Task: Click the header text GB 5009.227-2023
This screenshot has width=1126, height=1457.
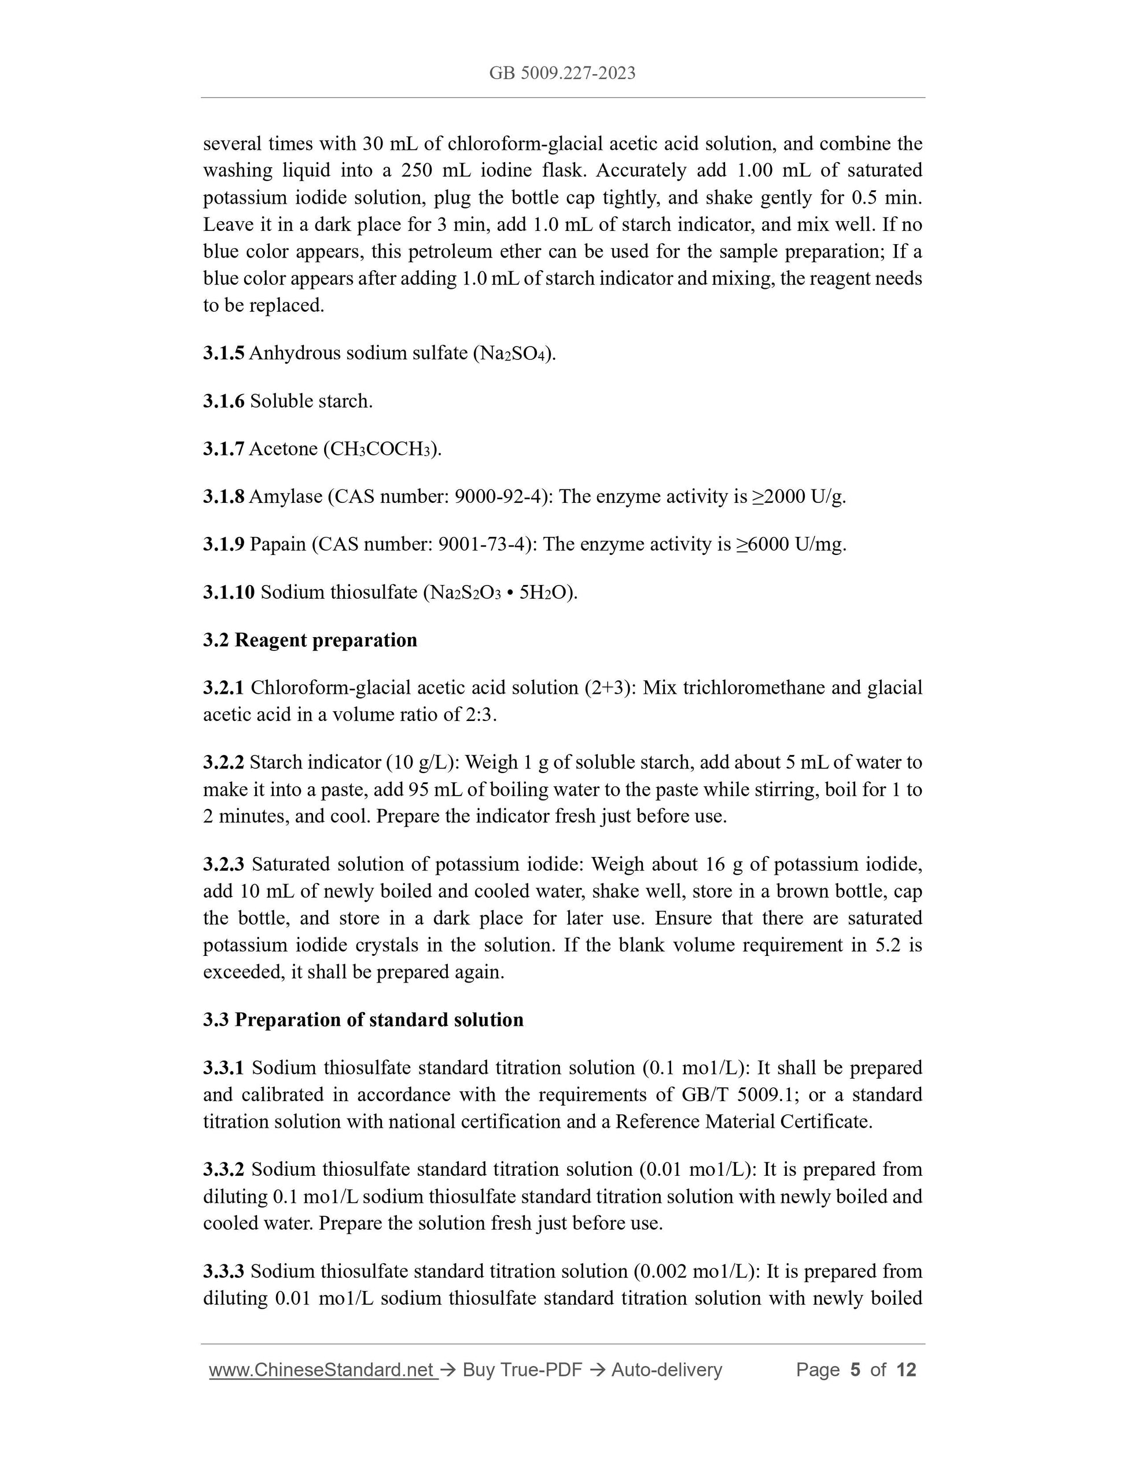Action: [x=562, y=73]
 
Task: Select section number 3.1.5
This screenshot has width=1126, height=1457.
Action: [x=223, y=353]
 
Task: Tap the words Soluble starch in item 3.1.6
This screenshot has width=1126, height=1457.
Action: [x=311, y=401]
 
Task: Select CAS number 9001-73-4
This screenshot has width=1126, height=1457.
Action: [x=484, y=544]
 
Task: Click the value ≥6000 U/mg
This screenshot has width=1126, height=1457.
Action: [x=790, y=544]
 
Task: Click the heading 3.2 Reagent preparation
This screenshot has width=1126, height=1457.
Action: [x=310, y=640]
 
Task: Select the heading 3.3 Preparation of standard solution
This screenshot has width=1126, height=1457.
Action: [x=363, y=1020]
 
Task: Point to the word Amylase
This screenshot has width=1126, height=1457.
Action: [x=285, y=496]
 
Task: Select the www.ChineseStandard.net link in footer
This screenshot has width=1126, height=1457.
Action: [x=322, y=1370]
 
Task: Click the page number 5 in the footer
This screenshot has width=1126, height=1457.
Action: [x=855, y=1370]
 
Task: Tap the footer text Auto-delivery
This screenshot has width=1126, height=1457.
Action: [x=667, y=1370]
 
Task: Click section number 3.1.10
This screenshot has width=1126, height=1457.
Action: [x=229, y=592]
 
